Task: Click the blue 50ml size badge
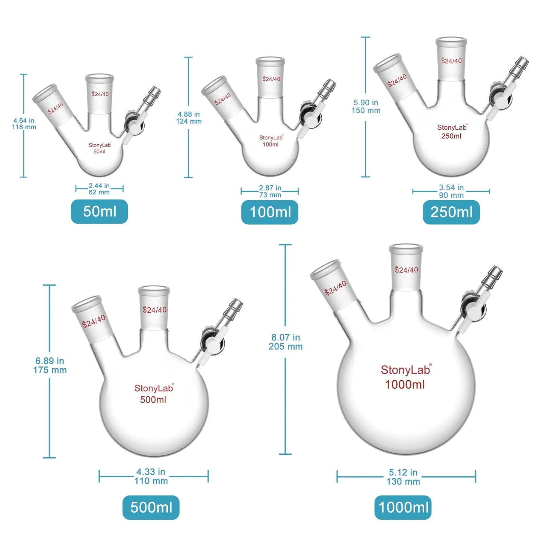99,212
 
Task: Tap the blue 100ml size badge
270,212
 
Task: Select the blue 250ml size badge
451,212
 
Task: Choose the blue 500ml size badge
151,508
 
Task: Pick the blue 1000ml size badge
403,508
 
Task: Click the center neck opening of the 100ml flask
270,60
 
